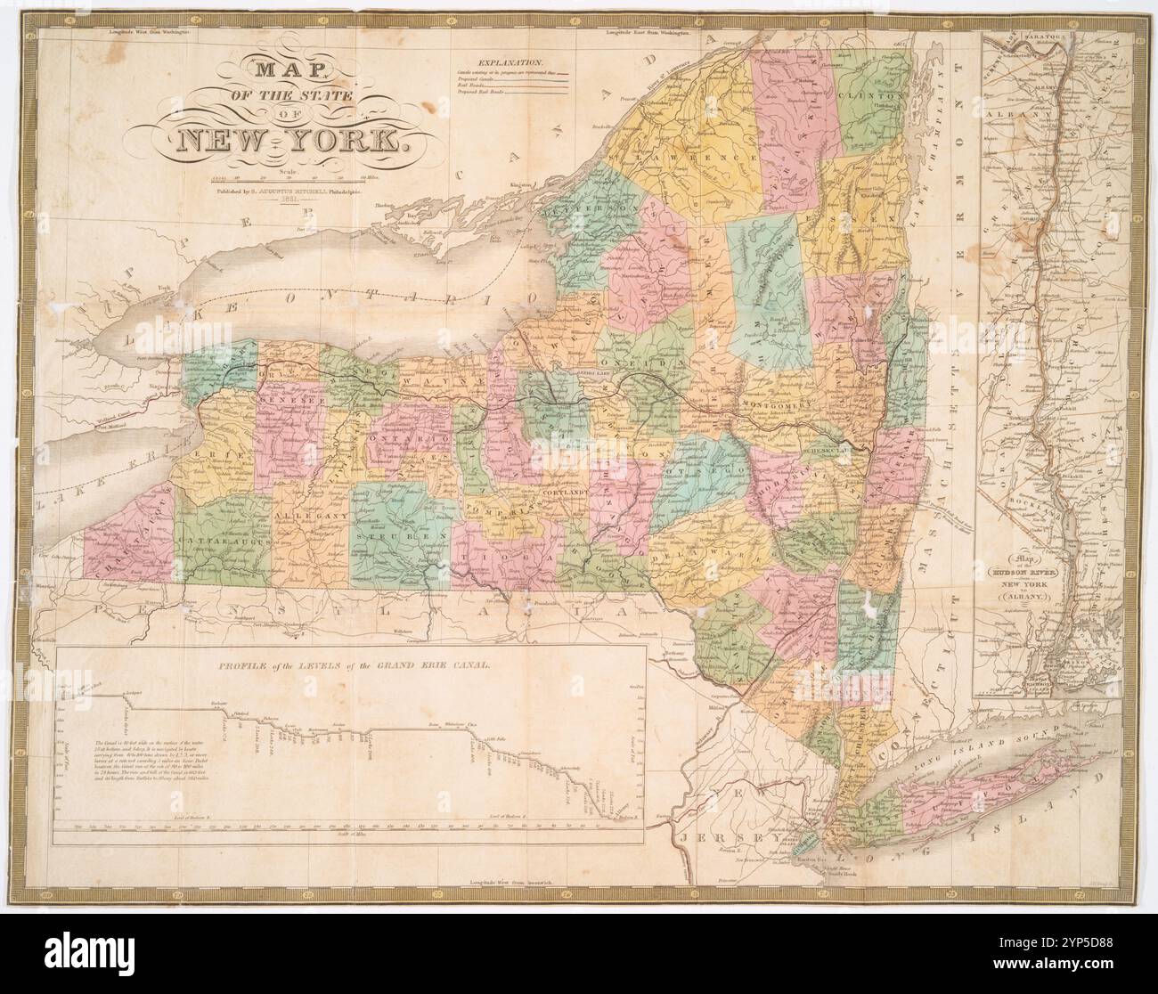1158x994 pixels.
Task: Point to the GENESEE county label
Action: [284, 402]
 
